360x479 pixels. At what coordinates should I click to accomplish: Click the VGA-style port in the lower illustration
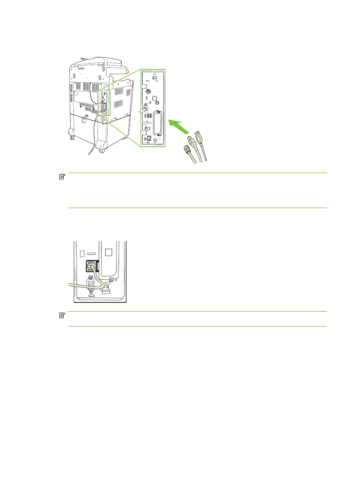91,284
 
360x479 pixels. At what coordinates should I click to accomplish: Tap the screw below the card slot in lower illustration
111,280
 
